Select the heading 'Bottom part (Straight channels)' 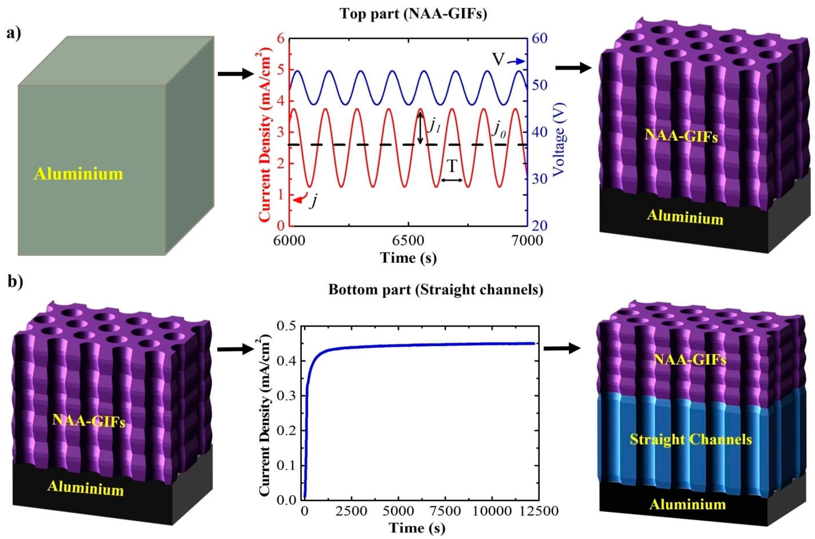pyautogui.click(x=436, y=290)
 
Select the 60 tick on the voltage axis pyautogui.click(x=542, y=39)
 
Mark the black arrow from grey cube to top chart pyautogui.click(x=235, y=73)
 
